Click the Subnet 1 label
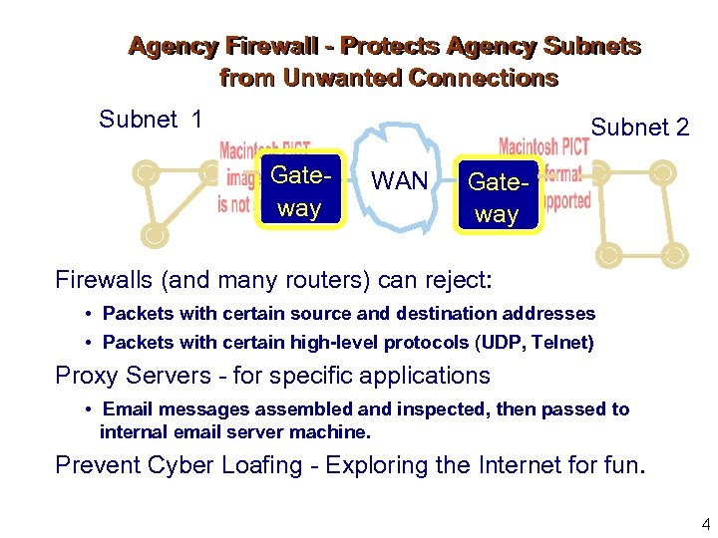[151, 121]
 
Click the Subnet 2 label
[640, 128]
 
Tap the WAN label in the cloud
[399, 181]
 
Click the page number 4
[706, 524]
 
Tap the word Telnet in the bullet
[564, 343]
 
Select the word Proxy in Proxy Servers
[84, 376]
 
